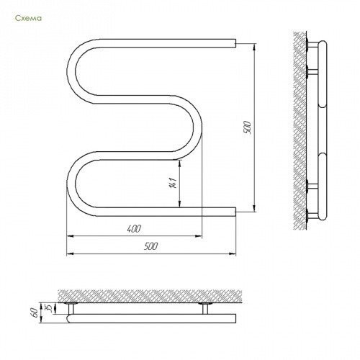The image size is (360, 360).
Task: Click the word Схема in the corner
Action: tap(28, 18)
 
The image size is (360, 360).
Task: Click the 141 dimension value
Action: tap(174, 183)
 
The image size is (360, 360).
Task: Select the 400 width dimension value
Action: tap(134, 229)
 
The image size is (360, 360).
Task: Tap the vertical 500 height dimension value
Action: tap(247, 127)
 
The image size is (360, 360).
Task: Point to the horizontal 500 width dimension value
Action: tap(151, 246)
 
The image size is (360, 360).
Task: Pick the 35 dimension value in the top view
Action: tap(49, 308)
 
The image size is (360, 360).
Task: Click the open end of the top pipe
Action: tap(235, 43)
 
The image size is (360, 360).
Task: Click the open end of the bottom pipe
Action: tap(235, 212)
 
